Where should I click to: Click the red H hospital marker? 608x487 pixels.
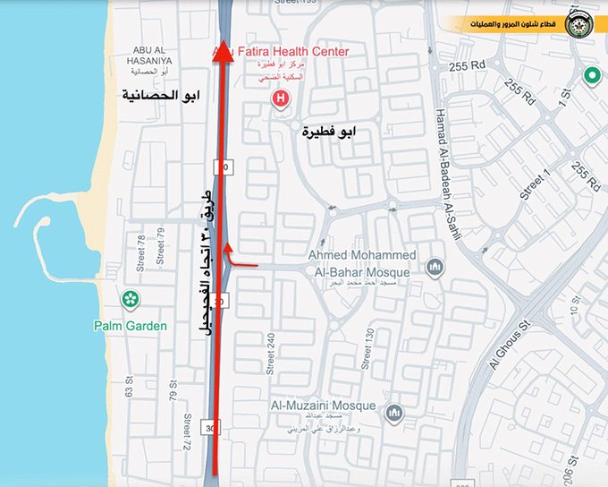[283, 97]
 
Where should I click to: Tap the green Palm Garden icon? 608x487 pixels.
[131, 299]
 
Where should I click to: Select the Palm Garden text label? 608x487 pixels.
[131, 326]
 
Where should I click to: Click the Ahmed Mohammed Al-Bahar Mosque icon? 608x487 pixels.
[435, 267]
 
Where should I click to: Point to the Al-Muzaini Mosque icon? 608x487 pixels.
[395, 413]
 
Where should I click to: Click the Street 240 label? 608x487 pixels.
[269, 350]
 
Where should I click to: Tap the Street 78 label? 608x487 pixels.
[140, 252]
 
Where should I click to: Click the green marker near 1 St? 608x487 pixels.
[589, 77]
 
